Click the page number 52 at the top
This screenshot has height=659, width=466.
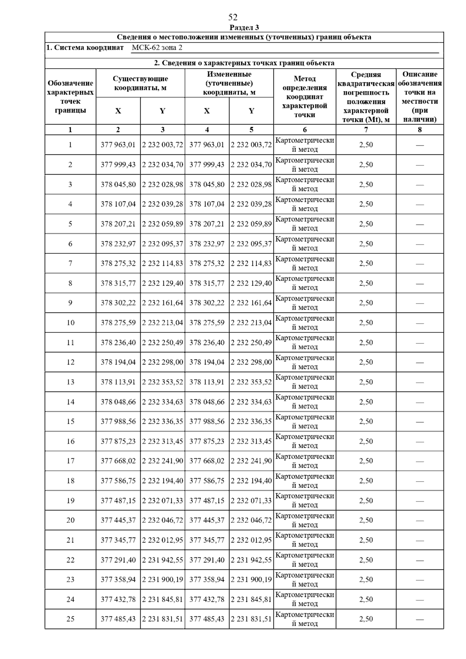[233, 17]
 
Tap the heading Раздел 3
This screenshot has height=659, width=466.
[244, 27]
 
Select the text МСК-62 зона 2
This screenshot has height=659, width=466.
[157, 48]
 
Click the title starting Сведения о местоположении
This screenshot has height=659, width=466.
[244, 37]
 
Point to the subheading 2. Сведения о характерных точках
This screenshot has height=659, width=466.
[244, 63]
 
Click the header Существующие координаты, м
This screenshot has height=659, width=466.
[140, 83]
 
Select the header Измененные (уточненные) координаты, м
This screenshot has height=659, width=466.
[229, 83]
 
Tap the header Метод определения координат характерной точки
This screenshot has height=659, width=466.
[304, 97]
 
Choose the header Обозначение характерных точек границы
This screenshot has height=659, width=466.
[70, 97]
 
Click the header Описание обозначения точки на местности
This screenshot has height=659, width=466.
[420, 97]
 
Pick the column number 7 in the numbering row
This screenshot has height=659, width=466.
[366, 130]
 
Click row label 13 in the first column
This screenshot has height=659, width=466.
[70, 382]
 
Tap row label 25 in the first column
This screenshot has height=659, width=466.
[70, 619]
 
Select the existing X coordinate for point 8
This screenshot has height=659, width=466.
[118, 283]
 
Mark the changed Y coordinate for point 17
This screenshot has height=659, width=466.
[251, 461]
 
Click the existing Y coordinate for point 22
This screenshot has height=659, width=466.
[162, 560]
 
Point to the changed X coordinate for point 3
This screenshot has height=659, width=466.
[207, 184]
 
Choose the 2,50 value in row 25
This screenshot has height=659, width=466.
[366, 619]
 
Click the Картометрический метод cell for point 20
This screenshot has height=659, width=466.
[304, 520]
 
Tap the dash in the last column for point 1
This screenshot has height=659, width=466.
[420, 145]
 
